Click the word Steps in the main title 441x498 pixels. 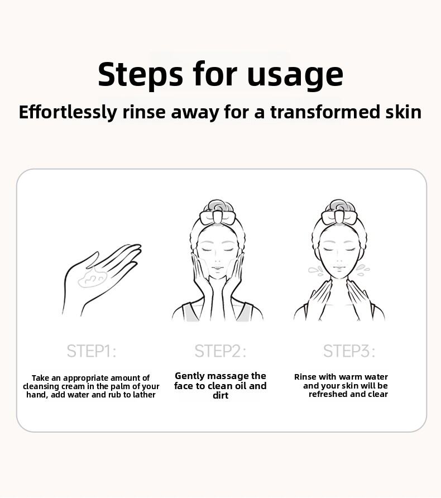pyautogui.click(x=140, y=74)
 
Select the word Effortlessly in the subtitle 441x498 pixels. pyautogui.click(x=68, y=112)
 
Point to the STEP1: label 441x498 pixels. pyautogui.click(x=92, y=351)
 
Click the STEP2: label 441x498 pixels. pyautogui.click(x=220, y=351)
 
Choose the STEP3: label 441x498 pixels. pyautogui.click(x=349, y=351)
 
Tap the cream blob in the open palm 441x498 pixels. pyautogui.click(x=92, y=277)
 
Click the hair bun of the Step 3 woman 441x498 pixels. pyautogui.click(x=339, y=205)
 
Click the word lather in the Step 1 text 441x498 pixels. pyautogui.click(x=143, y=395)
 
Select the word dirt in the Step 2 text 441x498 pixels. pyautogui.click(x=220, y=396)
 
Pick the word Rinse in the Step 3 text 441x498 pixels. pyautogui.click(x=305, y=377)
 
